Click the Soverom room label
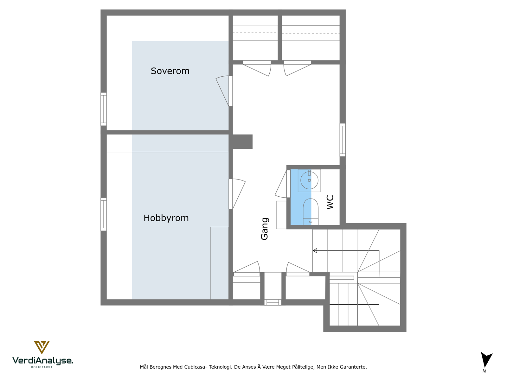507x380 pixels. pos(170,71)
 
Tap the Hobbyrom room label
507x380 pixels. pos(166,218)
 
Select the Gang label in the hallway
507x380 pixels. pos(265,229)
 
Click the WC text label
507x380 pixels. pos(330,202)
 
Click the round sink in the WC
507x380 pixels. pos(309,180)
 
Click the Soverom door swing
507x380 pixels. pos(223,90)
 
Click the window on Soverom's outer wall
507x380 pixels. pos(104,109)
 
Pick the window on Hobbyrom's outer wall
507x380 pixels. pos(104,214)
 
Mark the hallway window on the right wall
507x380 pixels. pos(343,140)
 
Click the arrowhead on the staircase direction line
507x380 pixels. pos(315,250)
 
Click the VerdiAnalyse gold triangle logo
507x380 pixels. pos(42,347)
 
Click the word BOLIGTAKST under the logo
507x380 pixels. pos(42,367)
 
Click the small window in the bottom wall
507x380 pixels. pos(273,302)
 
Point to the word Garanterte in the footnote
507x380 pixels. pos(353,367)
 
